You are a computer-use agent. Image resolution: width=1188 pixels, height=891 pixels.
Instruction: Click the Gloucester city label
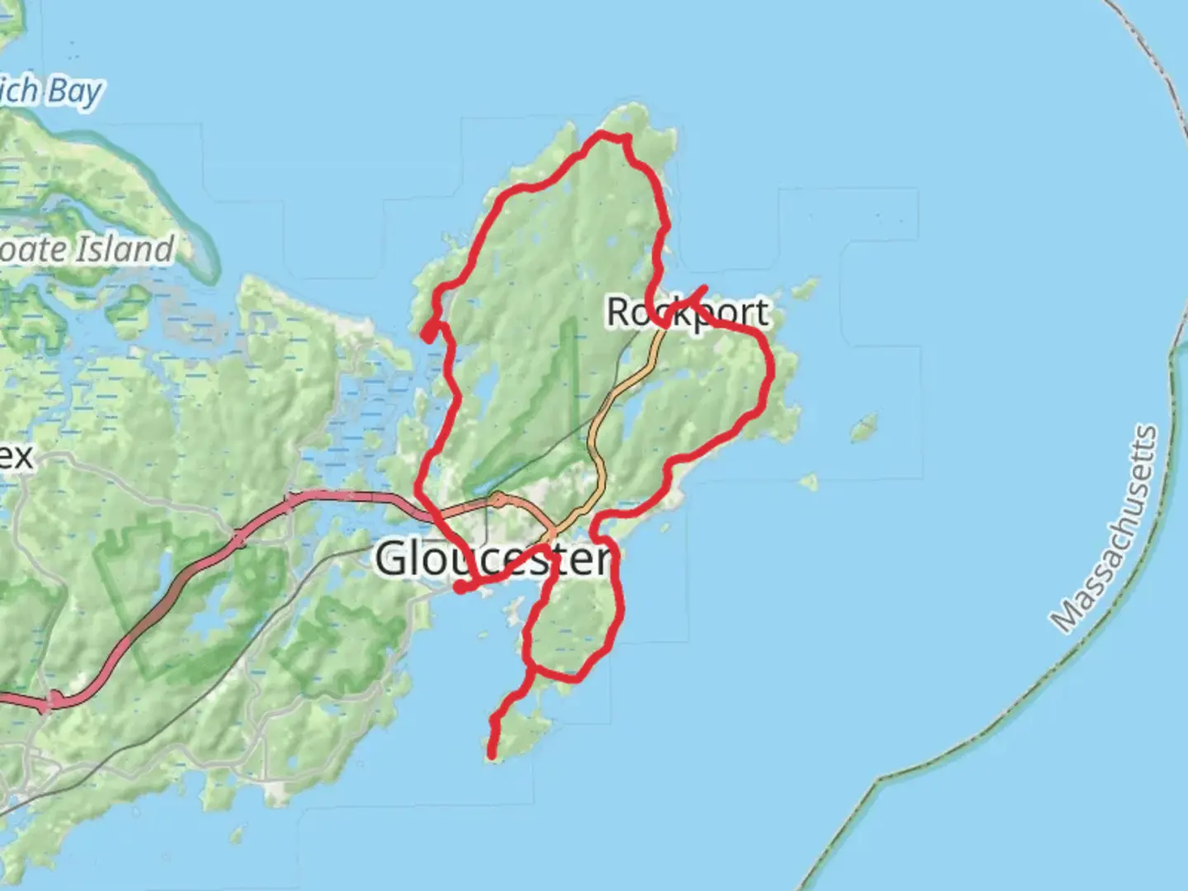click(493, 559)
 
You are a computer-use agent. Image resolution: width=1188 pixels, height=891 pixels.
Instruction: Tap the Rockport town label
click(687, 312)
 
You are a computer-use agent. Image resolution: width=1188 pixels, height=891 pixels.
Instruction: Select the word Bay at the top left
click(75, 92)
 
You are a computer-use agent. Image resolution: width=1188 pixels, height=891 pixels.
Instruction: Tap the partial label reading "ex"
click(16, 456)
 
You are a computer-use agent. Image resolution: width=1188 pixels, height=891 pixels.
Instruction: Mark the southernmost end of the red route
click(493, 754)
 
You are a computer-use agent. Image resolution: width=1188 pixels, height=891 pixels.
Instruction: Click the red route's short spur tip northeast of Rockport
click(704, 288)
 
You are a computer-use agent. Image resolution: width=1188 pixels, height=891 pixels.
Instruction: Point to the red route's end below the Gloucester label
click(460, 588)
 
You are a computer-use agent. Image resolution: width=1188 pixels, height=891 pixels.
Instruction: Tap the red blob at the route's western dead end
click(428, 332)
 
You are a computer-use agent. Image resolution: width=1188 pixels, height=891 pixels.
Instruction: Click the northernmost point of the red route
click(610, 134)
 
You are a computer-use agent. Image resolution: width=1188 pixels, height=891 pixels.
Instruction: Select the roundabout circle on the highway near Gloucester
click(497, 499)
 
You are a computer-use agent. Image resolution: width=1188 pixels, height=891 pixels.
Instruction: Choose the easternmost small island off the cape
click(863, 427)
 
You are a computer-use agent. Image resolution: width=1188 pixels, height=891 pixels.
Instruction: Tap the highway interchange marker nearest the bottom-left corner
click(54, 700)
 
